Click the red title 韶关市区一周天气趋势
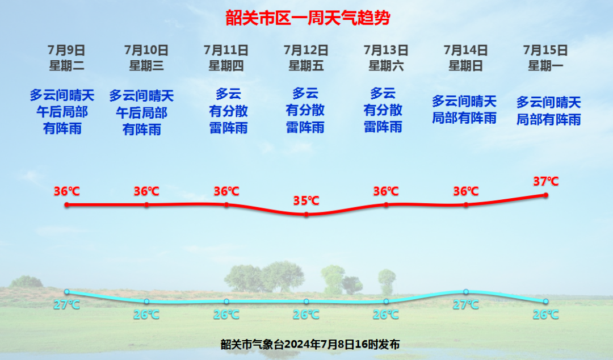click(x=308, y=18)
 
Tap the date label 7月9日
click(x=66, y=50)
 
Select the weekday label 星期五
click(x=306, y=65)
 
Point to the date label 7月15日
click(x=545, y=50)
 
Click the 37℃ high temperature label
click(x=546, y=181)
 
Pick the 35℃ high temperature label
click(x=306, y=200)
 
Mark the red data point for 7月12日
click(x=306, y=215)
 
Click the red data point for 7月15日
click(x=546, y=195)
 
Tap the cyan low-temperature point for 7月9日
click(x=67, y=292)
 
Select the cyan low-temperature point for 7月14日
click(x=466, y=292)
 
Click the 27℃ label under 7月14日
click(x=466, y=304)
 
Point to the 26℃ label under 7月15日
click(x=546, y=314)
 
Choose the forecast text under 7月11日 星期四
click(x=228, y=111)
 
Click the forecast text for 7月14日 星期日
click(x=464, y=110)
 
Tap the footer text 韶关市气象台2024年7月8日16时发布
click(x=310, y=344)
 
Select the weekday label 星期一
click(x=545, y=65)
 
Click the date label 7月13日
click(x=386, y=50)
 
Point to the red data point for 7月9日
click(x=67, y=204)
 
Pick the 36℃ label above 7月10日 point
click(x=146, y=191)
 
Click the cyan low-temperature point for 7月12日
click(x=306, y=302)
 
